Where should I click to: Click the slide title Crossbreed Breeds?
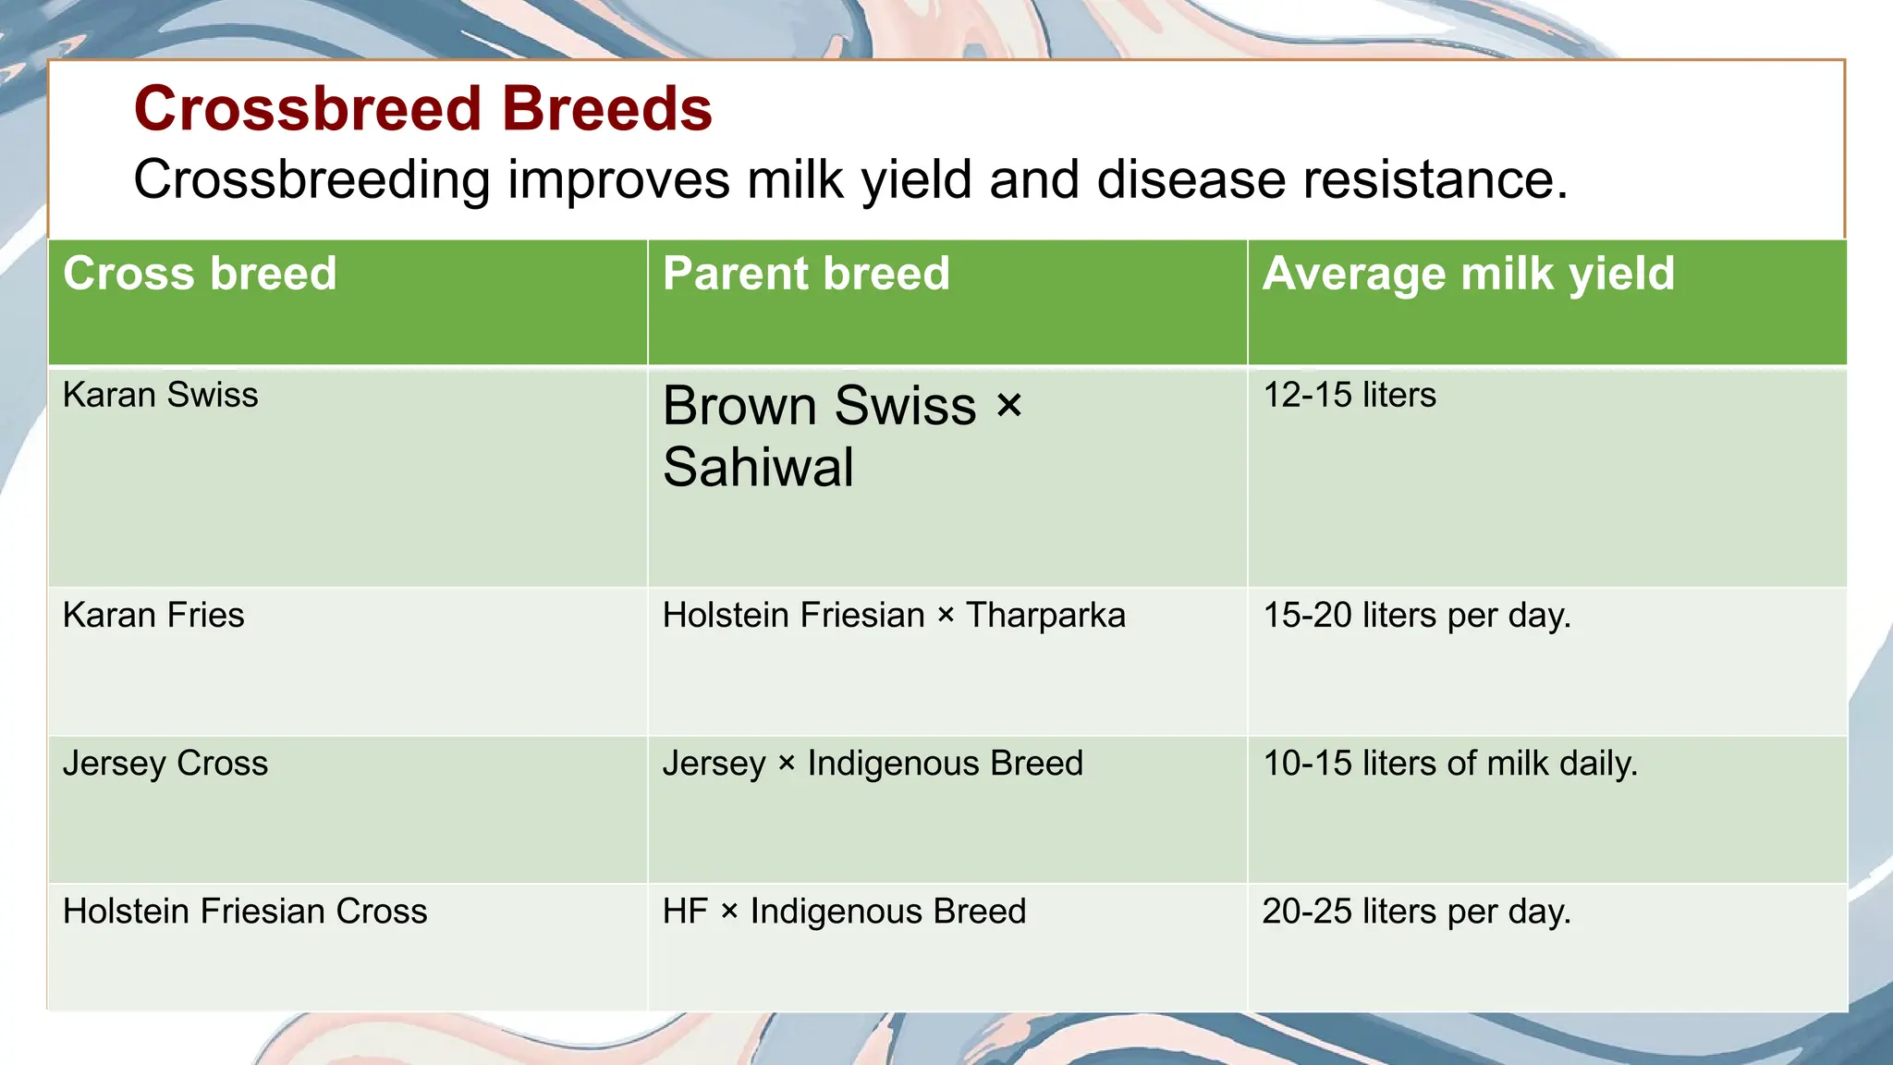click(x=422, y=109)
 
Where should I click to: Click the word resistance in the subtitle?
click(x=1434, y=179)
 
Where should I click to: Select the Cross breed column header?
click(x=200, y=275)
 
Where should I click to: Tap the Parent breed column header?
click(x=806, y=275)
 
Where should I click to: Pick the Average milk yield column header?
click(x=1468, y=275)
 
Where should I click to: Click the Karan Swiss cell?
click(x=160, y=396)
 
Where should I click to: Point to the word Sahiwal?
click(x=758, y=467)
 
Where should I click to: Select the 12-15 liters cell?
click(x=1349, y=396)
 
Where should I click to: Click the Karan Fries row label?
click(x=153, y=616)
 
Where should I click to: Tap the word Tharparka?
click(x=1045, y=616)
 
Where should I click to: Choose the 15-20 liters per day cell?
click(x=1416, y=616)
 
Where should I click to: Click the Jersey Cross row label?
click(x=165, y=764)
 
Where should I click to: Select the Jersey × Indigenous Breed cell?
click(x=872, y=764)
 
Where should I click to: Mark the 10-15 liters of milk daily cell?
click(x=1449, y=764)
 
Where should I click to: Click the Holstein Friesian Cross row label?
click(x=245, y=912)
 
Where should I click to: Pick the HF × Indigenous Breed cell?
click(x=844, y=912)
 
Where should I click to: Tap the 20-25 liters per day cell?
click(x=1416, y=912)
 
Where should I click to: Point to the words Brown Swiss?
click(x=819, y=407)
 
